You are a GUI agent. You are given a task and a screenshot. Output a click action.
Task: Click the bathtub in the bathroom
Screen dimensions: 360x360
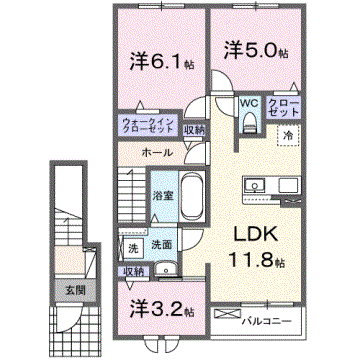click(x=192, y=194)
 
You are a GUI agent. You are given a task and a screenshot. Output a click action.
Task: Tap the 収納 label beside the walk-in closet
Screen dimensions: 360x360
click(x=195, y=128)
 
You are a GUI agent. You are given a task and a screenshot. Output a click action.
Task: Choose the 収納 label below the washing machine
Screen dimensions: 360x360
click(x=132, y=270)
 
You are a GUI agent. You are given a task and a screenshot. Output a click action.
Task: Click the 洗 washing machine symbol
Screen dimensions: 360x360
click(x=132, y=247)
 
